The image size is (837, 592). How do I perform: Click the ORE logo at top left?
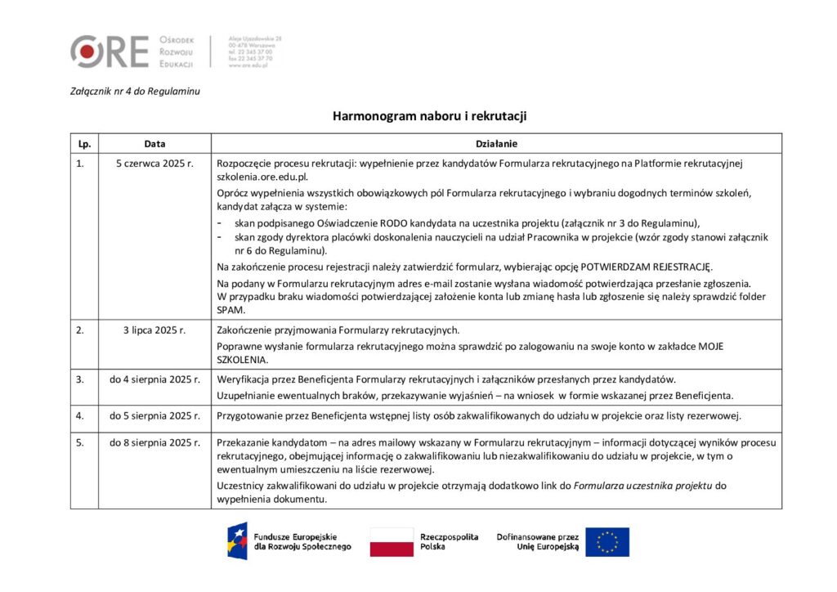(110, 51)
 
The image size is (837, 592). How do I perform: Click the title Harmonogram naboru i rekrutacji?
(429, 116)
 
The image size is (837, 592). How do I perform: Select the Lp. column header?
(84, 144)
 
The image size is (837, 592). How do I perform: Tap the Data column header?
(154, 144)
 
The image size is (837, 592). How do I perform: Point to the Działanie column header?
(495, 144)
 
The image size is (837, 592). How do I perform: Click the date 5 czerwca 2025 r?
(154, 164)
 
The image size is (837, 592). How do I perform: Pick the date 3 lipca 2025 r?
(154, 330)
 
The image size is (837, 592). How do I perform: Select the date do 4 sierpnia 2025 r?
(154, 379)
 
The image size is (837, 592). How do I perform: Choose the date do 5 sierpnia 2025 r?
(154, 416)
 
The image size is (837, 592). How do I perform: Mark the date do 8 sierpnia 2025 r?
(154, 442)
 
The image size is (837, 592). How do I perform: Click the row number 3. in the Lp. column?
(80, 379)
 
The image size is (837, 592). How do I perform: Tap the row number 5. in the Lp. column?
(80, 442)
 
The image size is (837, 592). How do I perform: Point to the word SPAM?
(231, 311)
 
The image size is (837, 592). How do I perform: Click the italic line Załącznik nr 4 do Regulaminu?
(135, 91)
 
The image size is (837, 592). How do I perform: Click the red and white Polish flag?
(392, 541)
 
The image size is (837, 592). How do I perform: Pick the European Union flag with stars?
(607, 541)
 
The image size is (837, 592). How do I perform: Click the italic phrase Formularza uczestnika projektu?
(642, 486)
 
